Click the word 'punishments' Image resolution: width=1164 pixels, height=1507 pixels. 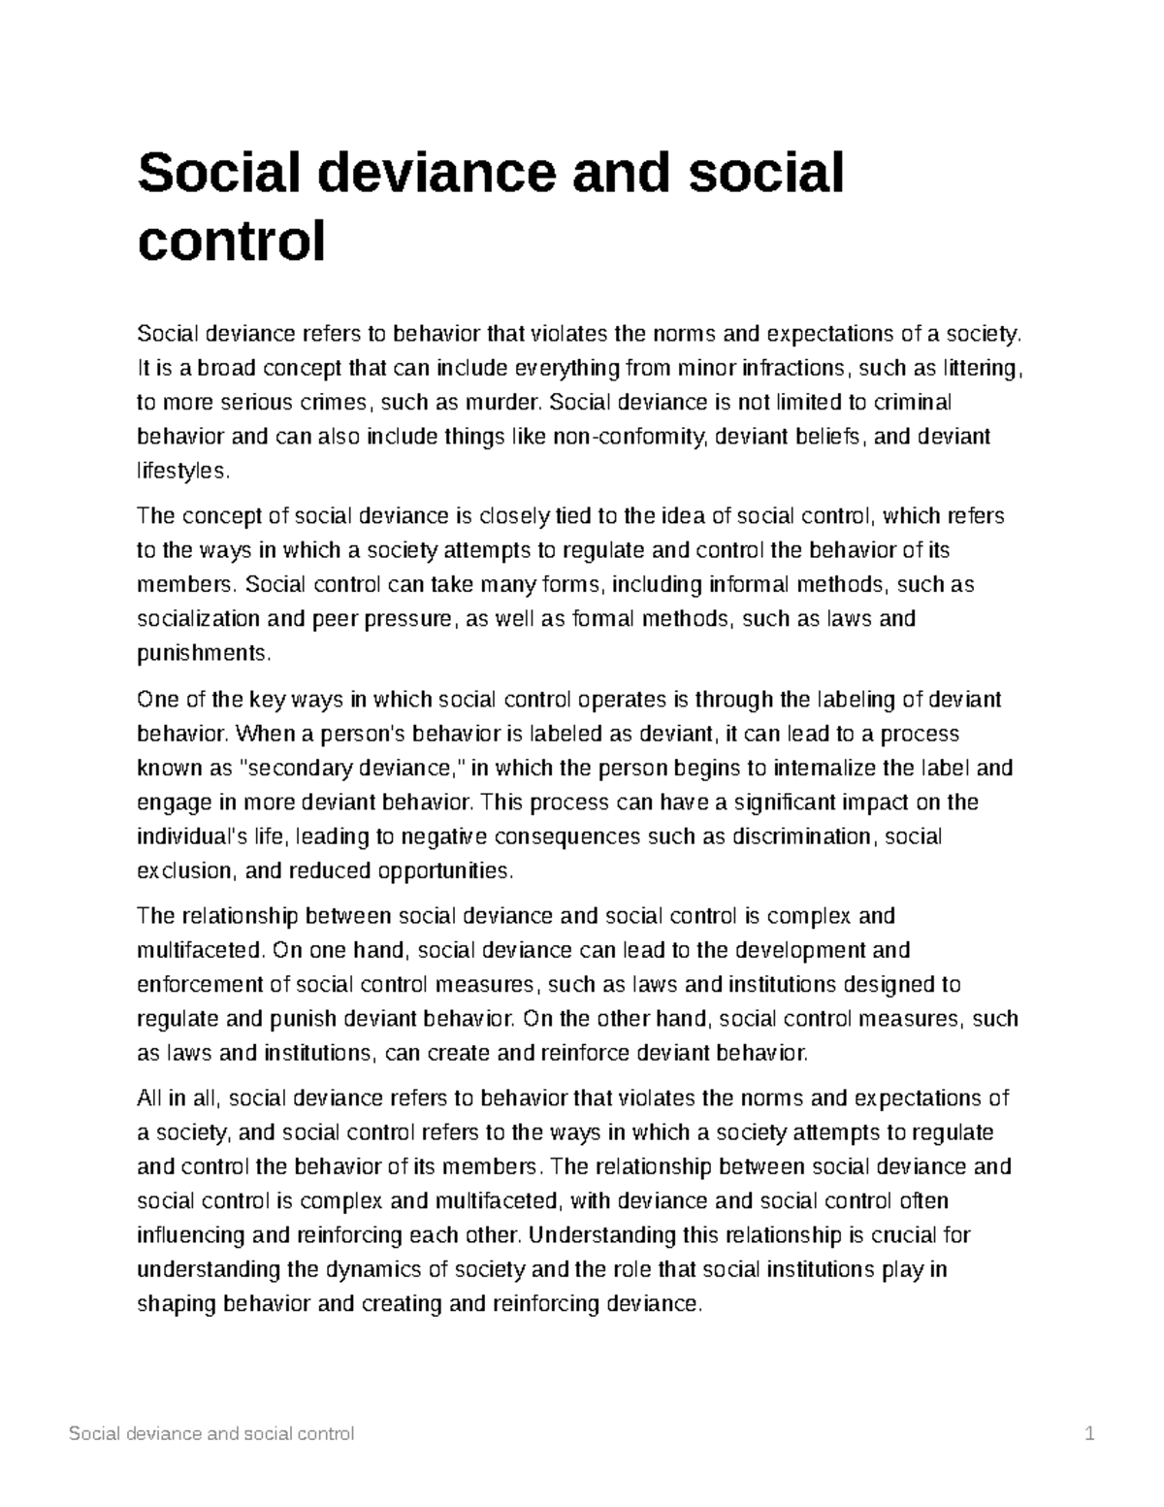coord(200,653)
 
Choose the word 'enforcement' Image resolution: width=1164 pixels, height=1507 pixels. coord(200,985)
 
